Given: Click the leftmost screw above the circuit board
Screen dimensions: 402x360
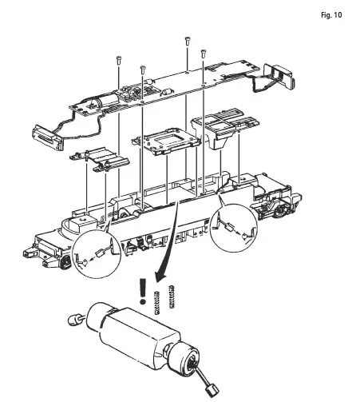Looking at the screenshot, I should pos(117,59).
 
